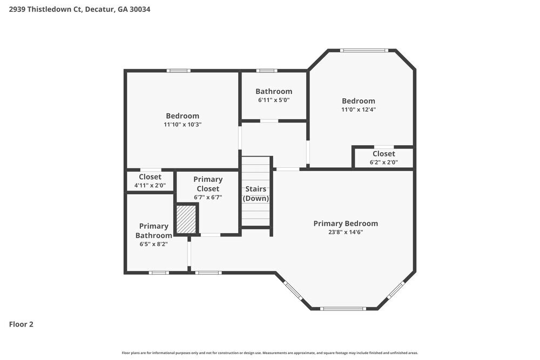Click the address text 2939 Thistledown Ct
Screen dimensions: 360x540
point(45,9)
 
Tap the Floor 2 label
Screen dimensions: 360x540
point(21,324)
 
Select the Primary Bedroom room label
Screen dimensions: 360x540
point(346,223)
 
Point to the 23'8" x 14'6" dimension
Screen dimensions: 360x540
point(346,232)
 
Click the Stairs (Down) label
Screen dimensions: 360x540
point(255,194)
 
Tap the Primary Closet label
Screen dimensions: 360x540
point(208,184)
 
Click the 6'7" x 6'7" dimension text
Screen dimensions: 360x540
point(208,198)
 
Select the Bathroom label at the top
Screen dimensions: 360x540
point(274,91)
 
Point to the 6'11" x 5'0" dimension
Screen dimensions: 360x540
point(274,100)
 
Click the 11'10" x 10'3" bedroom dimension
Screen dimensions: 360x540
point(182,124)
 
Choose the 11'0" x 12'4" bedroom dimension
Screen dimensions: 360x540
point(358,109)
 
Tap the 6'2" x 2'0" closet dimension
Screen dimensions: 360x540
point(383,162)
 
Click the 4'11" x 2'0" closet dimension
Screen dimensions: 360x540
point(150,185)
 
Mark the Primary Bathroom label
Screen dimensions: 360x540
point(153,230)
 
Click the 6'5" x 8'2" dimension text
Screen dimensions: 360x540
point(153,243)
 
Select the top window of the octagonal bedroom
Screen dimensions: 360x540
point(364,51)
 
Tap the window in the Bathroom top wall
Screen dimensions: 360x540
point(267,70)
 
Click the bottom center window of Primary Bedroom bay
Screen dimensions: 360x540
point(343,309)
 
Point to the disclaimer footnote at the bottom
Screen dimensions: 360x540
point(270,353)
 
